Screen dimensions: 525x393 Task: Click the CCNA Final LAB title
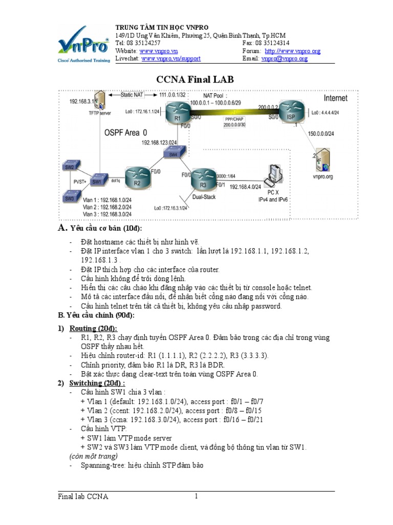click(197, 79)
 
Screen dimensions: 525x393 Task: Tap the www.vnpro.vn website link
click(157, 51)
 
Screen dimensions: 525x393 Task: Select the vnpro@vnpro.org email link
click(285, 59)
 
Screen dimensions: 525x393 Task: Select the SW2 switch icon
click(69, 167)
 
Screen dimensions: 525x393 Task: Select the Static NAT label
click(132, 95)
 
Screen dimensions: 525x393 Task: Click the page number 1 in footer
click(195, 496)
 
